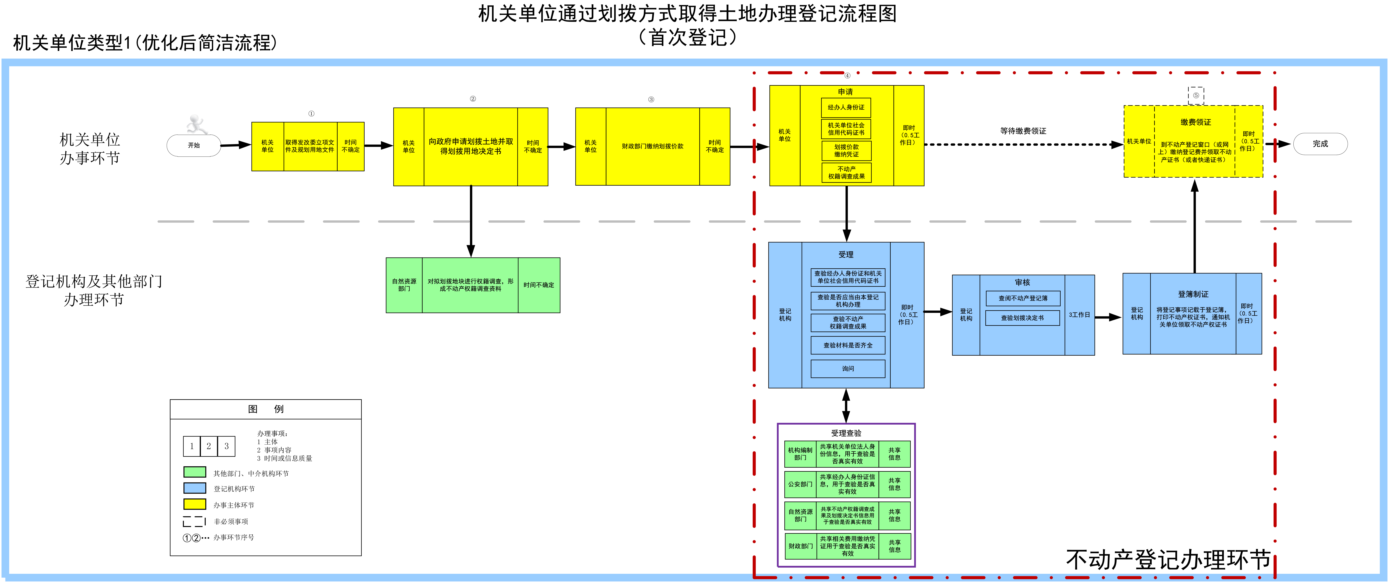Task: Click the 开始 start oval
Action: (194, 145)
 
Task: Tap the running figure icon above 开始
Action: (196, 124)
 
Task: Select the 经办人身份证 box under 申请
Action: (846, 107)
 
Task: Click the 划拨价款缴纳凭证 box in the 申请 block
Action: (846, 151)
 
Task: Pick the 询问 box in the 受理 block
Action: (848, 369)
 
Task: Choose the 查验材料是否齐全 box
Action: (848, 345)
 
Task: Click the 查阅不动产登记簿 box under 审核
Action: (1023, 298)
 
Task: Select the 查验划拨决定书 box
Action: (1023, 318)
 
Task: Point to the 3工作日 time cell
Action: (1080, 315)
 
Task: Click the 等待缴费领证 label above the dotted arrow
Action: (1023, 131)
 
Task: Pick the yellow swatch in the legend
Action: (195, 504)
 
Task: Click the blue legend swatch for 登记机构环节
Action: (195, 488)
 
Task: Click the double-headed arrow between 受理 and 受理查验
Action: (846, 406)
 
